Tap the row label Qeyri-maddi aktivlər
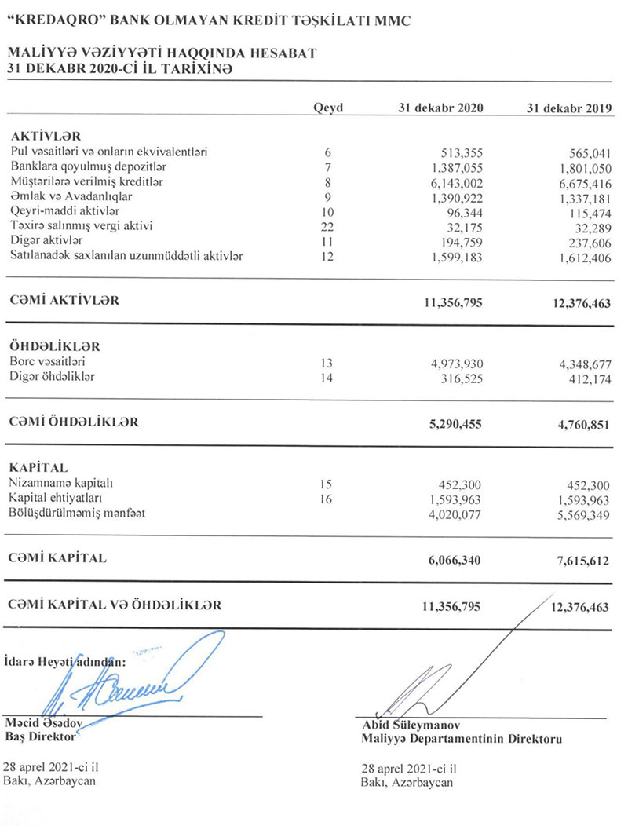(x=64, y=210)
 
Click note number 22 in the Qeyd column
(x=328, y=225)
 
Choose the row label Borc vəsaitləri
(x=48, y=362)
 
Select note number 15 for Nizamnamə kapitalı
(x=328, y=484)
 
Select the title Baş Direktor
(x=40, y=737)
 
